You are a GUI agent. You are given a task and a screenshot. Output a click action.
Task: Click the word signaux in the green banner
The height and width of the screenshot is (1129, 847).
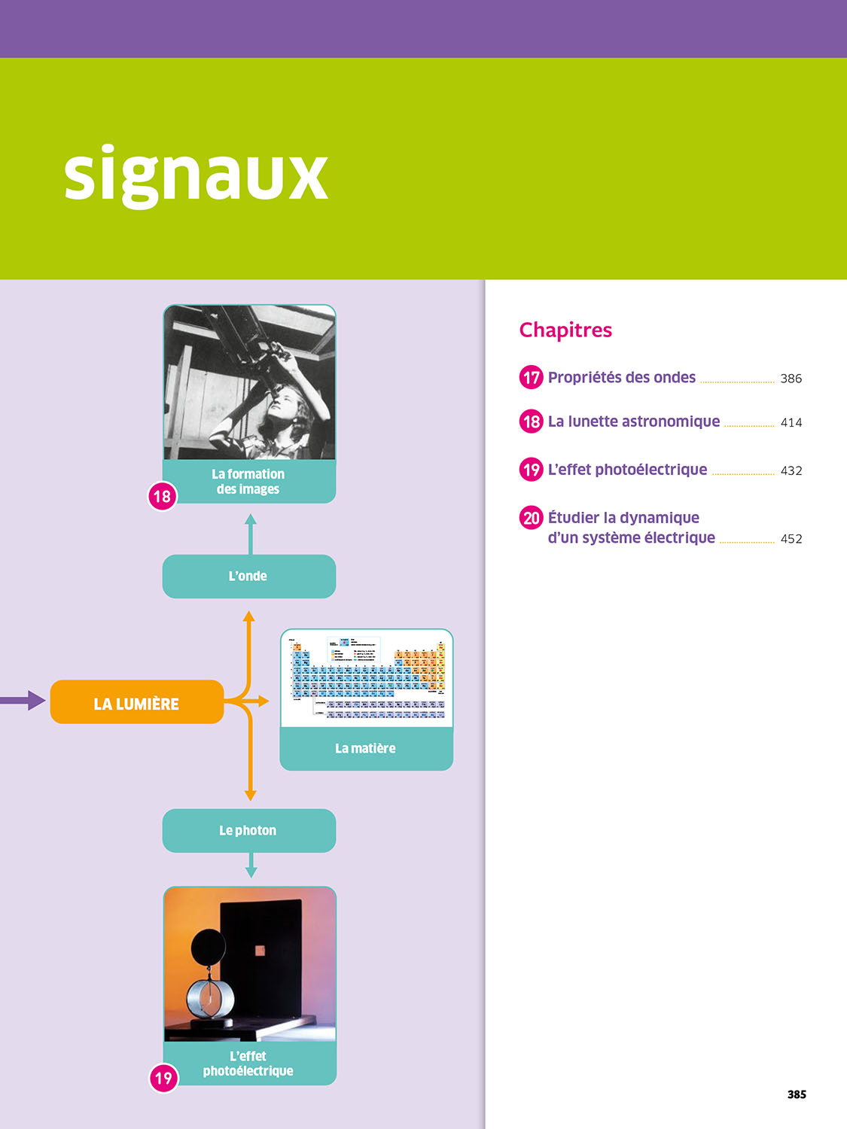coord(196,175)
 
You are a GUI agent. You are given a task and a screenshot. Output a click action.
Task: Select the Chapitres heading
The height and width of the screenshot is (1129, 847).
coord(565,330)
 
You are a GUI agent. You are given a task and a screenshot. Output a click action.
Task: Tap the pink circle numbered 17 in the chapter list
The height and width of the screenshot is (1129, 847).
coord(532,377)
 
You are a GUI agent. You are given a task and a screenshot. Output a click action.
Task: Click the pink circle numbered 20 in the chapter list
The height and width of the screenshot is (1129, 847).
coord(532,518)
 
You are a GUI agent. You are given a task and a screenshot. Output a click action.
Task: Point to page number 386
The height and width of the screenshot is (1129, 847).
coord(791,379)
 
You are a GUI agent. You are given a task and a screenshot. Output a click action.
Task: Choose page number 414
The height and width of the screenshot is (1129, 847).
coord(791,423)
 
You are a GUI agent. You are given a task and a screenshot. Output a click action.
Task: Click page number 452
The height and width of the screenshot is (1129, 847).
coord(791,539)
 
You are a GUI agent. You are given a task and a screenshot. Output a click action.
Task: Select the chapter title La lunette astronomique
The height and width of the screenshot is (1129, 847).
coord(633,421)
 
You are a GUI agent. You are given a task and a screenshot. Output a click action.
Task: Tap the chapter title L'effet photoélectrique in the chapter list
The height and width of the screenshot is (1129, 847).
coord(627,470)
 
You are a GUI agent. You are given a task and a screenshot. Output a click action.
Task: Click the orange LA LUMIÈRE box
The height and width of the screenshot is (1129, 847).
coord(136,703)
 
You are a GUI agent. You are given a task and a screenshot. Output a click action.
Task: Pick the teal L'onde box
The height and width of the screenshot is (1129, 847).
coord(248,577)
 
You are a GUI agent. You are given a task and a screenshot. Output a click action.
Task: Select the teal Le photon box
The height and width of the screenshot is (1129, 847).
coord(248,831)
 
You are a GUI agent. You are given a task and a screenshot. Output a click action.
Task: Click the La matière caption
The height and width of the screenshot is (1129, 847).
coord(366,748)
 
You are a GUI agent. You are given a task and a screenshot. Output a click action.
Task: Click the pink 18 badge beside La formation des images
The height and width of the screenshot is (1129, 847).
coord(162,497)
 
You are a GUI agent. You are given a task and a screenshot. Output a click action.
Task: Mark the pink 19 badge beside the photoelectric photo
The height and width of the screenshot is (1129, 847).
coord(163,1079)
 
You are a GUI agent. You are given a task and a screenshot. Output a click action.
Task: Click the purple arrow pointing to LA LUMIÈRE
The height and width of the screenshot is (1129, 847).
coord(23,701)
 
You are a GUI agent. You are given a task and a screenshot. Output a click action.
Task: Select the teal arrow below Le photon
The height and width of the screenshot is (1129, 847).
coord(251,866)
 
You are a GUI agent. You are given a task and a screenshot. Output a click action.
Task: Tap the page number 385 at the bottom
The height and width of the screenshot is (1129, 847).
coord(797,1094)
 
